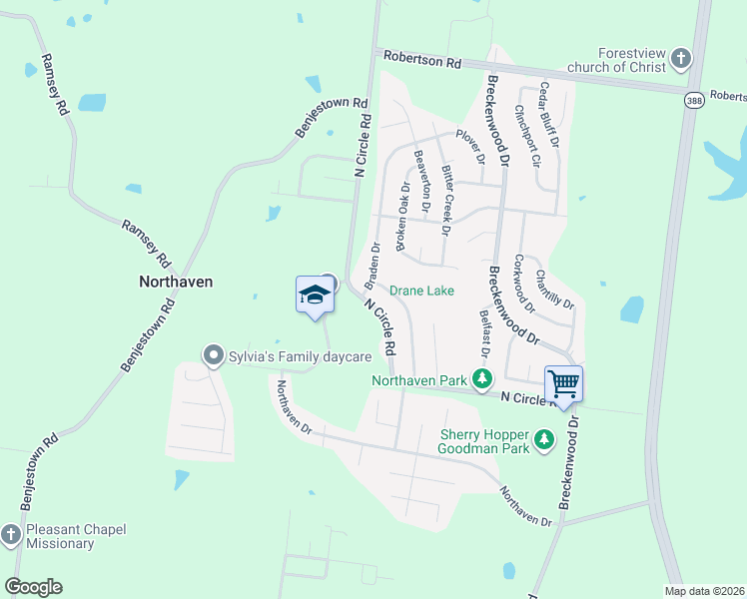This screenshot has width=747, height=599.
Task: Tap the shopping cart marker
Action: point(563,383)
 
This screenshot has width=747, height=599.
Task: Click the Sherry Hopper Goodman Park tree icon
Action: point(544,439)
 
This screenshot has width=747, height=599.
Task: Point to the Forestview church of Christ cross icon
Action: point(681,58)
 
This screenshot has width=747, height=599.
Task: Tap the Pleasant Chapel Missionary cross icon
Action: point(10,535)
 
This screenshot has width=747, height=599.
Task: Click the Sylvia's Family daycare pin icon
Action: point(212,355)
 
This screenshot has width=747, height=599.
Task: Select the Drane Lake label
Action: point(421,291)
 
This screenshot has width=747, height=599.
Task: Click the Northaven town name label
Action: point(175,282)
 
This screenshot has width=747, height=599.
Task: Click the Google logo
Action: point(33,586)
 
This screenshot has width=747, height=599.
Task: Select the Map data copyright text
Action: point(704,591)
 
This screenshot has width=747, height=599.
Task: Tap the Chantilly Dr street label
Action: point(554,289)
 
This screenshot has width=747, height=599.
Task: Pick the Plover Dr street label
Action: point(470,146)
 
